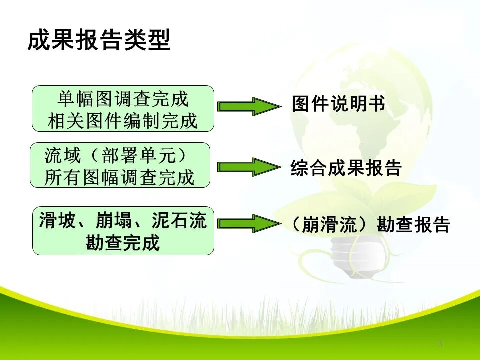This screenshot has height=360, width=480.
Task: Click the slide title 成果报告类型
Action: point(99,40)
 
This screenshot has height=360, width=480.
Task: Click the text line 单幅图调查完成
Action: point(123,99)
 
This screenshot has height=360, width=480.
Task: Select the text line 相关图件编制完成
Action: point(123,121)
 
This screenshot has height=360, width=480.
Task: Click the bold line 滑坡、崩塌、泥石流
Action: point(123,221)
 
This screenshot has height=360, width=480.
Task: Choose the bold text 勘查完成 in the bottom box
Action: point(123,243)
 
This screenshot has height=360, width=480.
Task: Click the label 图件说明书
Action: point(338,105)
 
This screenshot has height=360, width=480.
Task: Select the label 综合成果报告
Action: point(346,168)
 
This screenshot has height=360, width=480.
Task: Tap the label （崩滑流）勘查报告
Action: point(370,225)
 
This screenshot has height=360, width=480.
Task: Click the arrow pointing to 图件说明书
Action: point(249,106)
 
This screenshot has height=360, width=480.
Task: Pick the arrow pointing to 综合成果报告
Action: point(249,167)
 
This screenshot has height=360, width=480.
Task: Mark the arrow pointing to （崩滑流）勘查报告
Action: point(249,223)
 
